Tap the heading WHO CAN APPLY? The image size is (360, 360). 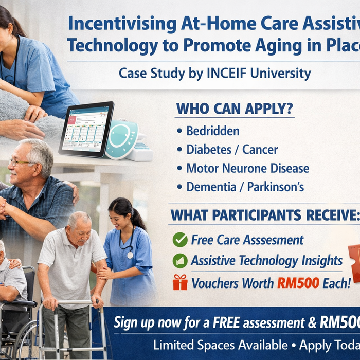[235, 109]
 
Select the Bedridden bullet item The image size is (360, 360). [212, 131]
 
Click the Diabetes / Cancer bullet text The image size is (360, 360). [231, 150]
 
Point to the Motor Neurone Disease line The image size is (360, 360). [247, 168]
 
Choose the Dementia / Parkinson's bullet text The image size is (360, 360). [245, 187]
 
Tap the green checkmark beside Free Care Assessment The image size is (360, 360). [180, 240]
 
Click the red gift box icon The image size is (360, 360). [180, 282]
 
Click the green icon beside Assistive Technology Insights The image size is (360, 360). [180, 261]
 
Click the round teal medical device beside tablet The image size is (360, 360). [121, 139]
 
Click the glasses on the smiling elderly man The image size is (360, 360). [22, 163]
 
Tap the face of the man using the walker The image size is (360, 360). [80, 227]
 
